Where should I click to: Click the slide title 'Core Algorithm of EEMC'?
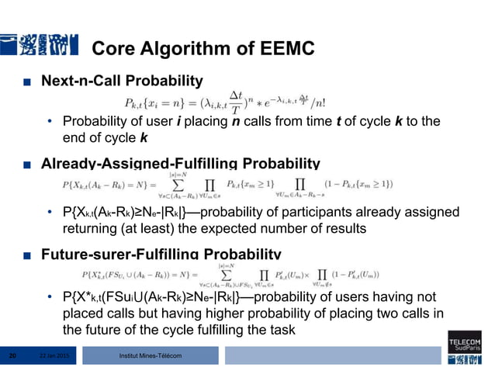tap(202, 50)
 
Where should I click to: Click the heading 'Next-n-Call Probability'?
tap(122, 81)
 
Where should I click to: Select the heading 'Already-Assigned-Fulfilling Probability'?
tap(180, 164)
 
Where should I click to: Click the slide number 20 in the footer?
tap(12, 355)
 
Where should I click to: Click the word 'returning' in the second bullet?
tap(88, 229)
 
